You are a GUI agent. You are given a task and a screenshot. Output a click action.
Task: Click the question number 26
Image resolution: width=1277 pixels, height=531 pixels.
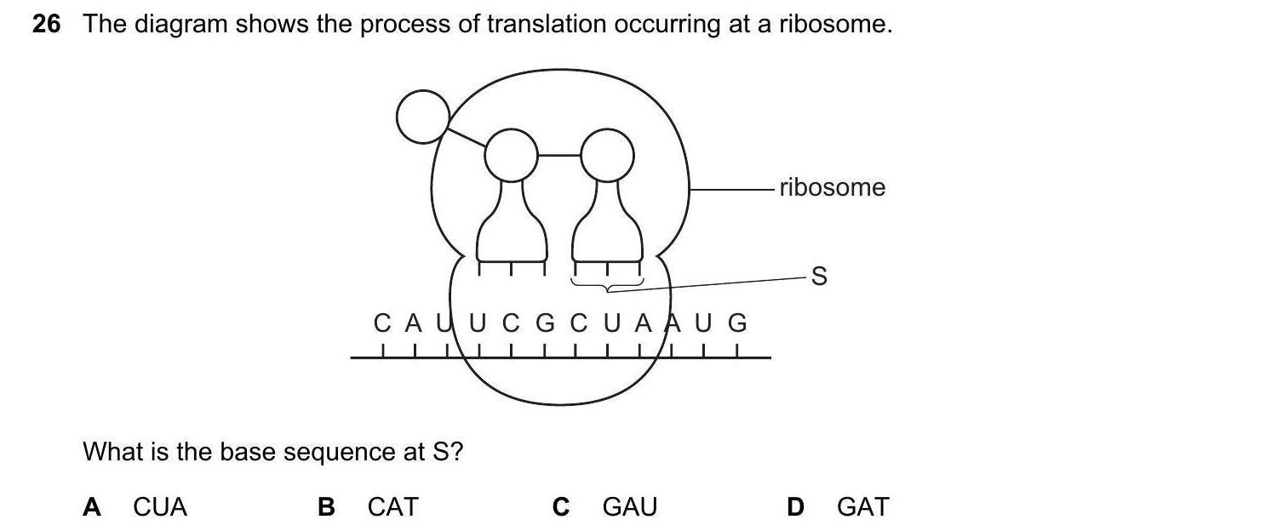[x=47, y=25]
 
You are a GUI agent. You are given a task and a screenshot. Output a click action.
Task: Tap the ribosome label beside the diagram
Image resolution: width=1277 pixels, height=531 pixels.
[x=832, y=187]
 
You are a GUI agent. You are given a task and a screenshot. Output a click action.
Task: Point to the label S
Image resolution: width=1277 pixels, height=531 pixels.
[x=819, y=277]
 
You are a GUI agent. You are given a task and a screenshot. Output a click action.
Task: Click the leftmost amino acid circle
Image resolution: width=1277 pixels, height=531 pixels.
[x=423, y=116]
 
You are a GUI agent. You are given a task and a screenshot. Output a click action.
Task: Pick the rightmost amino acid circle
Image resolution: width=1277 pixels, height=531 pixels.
[x=607, y=155]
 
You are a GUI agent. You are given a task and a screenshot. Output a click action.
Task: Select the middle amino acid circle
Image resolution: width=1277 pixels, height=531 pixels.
[x=511, y=155]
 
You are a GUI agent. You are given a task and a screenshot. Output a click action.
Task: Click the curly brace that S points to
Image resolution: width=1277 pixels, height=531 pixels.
[x=607, y=286]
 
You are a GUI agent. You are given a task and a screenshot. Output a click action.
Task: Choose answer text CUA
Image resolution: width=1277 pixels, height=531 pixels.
[x=160, y=507]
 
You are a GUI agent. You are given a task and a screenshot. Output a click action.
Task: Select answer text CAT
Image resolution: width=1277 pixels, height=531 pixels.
[x=393, y=507]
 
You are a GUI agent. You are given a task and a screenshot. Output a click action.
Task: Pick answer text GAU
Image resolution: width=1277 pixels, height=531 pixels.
[x=630, y=507]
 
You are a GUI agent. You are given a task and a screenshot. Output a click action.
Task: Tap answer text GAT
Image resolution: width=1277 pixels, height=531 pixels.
[x=862, y=507]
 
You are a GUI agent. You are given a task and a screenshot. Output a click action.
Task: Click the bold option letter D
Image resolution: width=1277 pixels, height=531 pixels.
[x=795, y=507]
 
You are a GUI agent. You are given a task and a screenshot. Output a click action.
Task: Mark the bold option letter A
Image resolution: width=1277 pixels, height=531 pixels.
[x=92, y=507]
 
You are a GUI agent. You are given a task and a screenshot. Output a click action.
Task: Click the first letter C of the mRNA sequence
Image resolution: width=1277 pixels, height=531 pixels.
[x=382, y=324]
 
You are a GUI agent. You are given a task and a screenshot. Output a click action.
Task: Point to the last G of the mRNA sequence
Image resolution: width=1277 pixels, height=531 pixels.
[x=737, y=324]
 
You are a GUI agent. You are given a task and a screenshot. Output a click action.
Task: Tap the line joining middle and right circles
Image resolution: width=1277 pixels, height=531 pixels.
[x=559, y=156]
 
